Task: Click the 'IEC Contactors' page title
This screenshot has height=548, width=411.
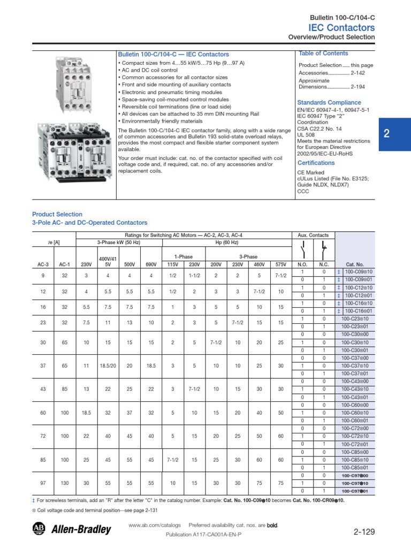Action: coord(341,27)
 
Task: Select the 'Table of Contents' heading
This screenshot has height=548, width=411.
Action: coord(323,54)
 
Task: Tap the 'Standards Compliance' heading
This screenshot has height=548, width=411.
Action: coord(329,102)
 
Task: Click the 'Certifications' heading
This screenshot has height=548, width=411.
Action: coord(316,163)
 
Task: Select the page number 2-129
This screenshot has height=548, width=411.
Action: coord(364,531)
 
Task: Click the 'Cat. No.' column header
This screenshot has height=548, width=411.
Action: coord(355,264)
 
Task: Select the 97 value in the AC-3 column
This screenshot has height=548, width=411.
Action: coord(43,483)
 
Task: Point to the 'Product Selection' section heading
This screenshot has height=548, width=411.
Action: coord(57,214)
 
